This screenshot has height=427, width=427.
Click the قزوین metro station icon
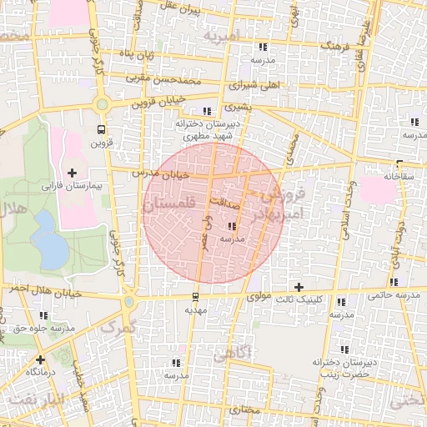point(101,129)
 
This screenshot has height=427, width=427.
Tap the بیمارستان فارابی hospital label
point(71,184)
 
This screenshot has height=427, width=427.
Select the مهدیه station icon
point(195,296)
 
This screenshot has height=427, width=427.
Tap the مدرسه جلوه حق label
point(44,328)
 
